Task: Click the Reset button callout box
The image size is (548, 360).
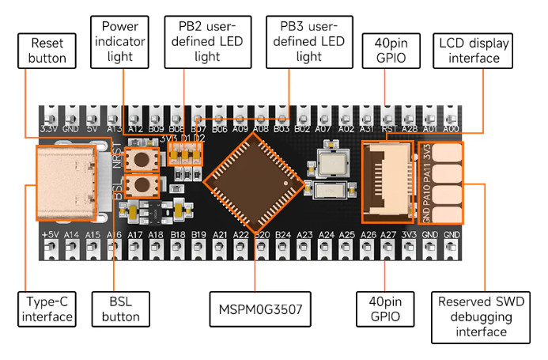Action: (x=47, y=50)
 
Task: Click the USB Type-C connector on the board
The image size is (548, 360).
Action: (x=68, y=180)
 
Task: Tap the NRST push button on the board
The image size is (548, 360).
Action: (x=143, y=159)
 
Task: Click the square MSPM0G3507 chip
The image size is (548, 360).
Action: (x=256, y=182)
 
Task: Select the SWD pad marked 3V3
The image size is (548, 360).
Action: (x=448, y=153)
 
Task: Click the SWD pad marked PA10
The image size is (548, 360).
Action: (x=448, y=192)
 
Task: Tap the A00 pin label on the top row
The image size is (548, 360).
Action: (x=452, y=128)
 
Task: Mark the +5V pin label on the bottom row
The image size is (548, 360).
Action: (x=50, y=235)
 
